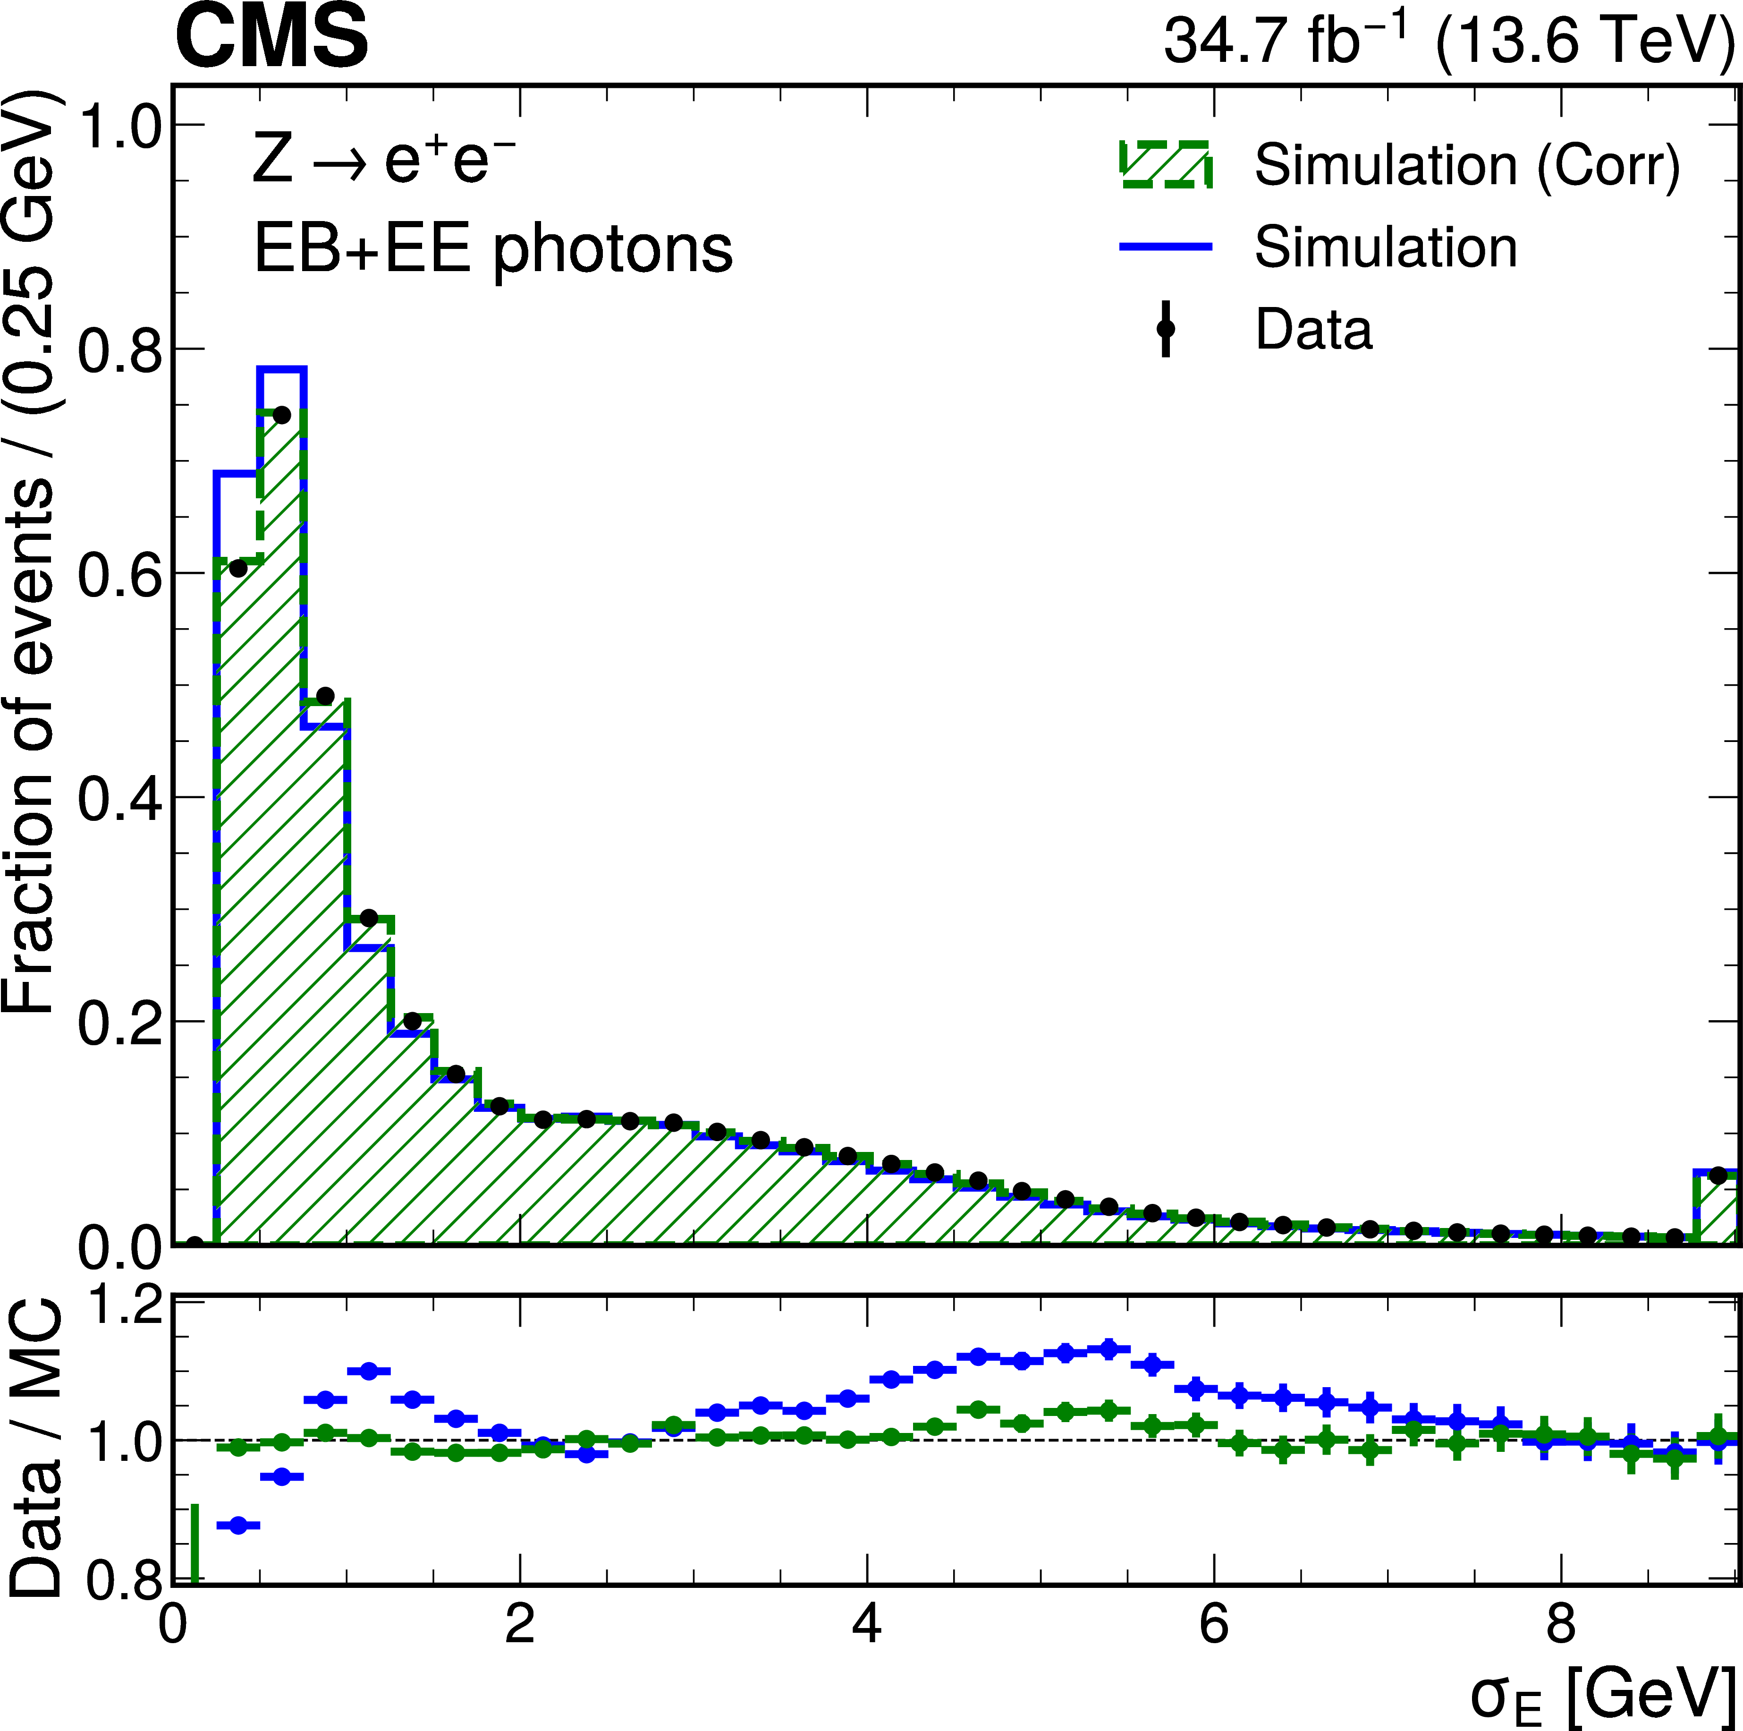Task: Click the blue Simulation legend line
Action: [1166, 247]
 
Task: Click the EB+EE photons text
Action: [493, 248]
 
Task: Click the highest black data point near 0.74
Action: [281, 415]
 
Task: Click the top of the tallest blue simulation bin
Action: [281, 369]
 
